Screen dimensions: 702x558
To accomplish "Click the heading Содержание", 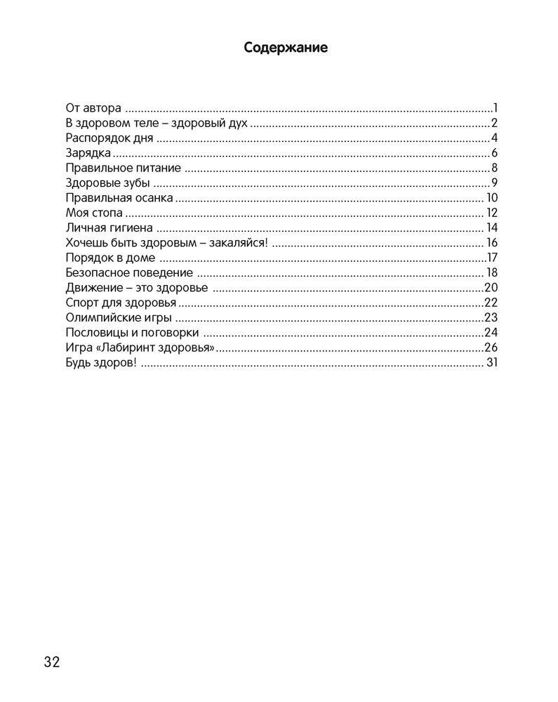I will point(286,48).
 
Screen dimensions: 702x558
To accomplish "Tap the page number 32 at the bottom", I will point(52,662).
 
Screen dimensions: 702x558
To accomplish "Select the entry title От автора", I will point(93,109).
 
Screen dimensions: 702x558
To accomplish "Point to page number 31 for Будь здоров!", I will point(491,363).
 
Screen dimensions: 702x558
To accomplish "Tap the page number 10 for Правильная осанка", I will point(491,198).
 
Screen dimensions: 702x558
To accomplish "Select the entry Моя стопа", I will point(93,213).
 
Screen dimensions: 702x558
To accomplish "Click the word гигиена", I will point(131,227).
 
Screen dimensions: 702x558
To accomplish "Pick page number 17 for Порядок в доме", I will point(492,258).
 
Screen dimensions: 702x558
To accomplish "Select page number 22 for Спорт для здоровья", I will point(491,303).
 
